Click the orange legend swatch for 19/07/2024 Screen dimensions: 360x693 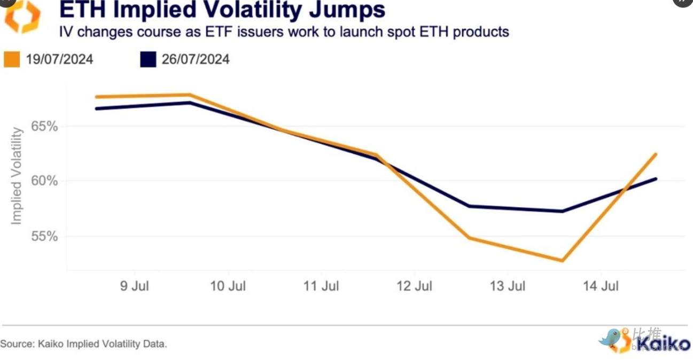pos(12,59)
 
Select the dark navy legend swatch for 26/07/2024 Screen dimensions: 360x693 pos(148,59)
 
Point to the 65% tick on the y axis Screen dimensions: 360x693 pos(44,127)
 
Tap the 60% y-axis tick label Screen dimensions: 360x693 pos(44,181)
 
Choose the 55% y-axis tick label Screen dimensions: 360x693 pos(44,236)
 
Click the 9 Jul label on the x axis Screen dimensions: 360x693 pos(135,286)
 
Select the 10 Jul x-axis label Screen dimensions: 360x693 pos(228,286)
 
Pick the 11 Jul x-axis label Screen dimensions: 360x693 pos(321,286)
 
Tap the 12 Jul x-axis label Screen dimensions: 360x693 pos(415,286)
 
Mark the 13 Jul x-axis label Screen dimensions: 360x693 pos(508,286)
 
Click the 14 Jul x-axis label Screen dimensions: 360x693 pos(601,286)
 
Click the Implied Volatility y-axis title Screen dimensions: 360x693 pos(17,176)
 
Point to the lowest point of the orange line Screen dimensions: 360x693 pos(562,261)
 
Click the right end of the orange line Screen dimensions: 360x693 pos(656,154)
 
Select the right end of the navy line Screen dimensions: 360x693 pos(656,179)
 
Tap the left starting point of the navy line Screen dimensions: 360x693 pos(96,108)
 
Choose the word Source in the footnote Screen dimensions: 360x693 pos(16,344)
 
